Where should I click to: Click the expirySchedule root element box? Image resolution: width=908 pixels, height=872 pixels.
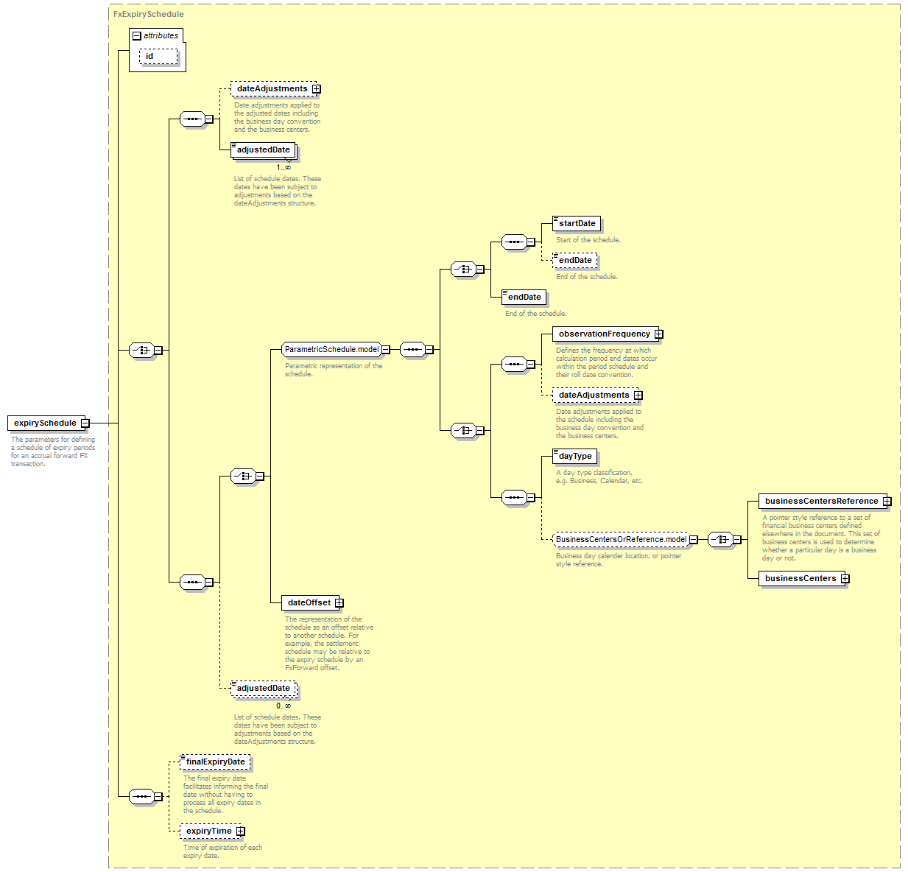coord(46,423)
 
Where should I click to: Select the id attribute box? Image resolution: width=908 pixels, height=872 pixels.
coord(158,57)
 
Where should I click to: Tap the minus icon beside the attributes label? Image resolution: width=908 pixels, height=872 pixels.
coord(137,36)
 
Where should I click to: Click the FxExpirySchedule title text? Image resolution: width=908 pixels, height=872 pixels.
coord(148,14)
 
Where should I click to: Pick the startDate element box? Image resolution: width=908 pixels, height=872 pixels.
coord(577,223)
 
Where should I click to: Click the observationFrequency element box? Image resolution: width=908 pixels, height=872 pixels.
coord(605,334)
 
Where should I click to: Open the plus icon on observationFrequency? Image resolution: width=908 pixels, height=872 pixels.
coord(659,334)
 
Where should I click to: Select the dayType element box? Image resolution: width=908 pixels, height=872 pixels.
coord(574,457)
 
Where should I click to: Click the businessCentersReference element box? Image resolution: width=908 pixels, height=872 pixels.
coord(823,501)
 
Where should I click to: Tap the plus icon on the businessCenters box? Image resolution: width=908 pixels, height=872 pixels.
coord(845,579)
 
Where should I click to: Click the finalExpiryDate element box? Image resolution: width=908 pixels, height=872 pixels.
coord(215,762)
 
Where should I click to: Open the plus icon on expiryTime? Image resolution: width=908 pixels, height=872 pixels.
coord(240,831)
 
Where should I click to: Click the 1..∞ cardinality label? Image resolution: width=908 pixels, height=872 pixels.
coord(284,167)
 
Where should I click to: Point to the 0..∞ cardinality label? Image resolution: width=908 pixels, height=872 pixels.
coord(284,706)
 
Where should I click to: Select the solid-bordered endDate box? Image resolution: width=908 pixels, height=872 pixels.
coord(524,298)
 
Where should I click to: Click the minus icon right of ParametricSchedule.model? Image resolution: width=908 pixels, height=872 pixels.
coord(386,349)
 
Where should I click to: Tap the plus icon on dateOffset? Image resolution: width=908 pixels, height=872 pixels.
coord(339,602)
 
